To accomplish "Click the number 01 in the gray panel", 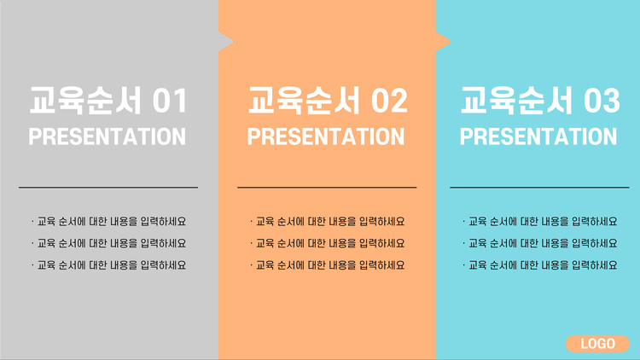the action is [170, 101].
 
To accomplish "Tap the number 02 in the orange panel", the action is [389, 101].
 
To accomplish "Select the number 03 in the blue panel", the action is [602, 101].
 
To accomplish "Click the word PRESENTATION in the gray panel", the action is [107, 136].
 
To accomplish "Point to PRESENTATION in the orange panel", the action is [326, 136].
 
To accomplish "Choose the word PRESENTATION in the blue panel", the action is [538, 136].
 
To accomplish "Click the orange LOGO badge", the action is [597, 344].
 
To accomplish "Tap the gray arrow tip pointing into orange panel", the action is [233, 41].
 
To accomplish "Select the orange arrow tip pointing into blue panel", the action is [451, 41].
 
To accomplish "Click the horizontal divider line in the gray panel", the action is [108, 188].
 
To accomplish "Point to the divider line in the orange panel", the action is [327, 188].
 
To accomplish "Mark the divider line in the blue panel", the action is [539, 188].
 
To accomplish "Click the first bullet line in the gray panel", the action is [108, 222].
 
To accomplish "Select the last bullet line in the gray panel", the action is [108, 265].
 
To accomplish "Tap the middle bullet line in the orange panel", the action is [328, 243].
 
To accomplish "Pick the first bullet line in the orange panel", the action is [328, 222].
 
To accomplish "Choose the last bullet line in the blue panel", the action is [540, 265].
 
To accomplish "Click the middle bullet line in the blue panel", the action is [540, 243].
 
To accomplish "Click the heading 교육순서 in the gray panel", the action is [85, 101].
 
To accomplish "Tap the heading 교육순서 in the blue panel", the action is [517, 101].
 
